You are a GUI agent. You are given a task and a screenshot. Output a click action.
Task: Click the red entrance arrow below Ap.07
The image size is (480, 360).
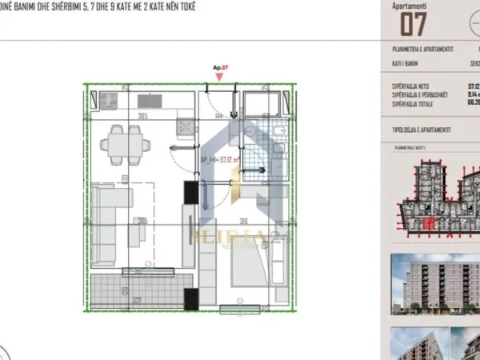pos(218,78)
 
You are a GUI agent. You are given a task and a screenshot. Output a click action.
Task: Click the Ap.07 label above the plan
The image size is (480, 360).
pos(220,69)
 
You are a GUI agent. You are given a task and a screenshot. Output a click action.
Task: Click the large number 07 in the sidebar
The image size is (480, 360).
pos(413,24)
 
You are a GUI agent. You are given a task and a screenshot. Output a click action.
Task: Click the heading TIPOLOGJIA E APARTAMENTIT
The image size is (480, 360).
pos(422,130)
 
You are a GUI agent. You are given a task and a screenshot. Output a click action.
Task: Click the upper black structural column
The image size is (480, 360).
pos(191,193)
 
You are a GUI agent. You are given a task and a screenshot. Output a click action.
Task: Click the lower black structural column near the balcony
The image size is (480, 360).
pos(191,299)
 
